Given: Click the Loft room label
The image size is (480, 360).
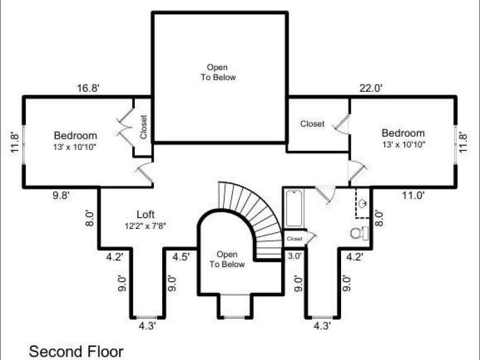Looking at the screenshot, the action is coord(145,214).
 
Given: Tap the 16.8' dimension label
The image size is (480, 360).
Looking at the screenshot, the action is coord(88,88).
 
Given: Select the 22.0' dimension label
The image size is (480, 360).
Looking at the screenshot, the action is coord(371,88).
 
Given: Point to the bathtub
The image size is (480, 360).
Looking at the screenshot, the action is coord(294,208).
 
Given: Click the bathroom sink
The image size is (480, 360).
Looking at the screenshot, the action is coord(363,203).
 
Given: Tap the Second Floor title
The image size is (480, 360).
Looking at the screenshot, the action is coord(76,351).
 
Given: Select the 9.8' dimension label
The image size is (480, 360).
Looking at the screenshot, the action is coord(61,195).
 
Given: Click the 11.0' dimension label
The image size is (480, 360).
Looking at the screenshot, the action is coord(413,195).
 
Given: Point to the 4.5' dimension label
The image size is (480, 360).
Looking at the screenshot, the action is coord(182,256).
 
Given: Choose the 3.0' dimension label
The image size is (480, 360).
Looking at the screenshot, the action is coord(295,256).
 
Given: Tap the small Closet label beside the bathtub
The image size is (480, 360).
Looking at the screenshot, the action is coord(294,239).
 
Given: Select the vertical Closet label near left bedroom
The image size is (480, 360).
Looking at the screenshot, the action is coord(143,127).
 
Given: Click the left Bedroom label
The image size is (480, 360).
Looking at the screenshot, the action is coord(75,136).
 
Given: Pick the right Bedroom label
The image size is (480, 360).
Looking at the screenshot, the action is coord(403,133).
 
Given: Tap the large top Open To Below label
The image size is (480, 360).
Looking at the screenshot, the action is coord(218,72).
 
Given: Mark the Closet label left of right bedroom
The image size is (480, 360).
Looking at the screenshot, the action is coord(312,124).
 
